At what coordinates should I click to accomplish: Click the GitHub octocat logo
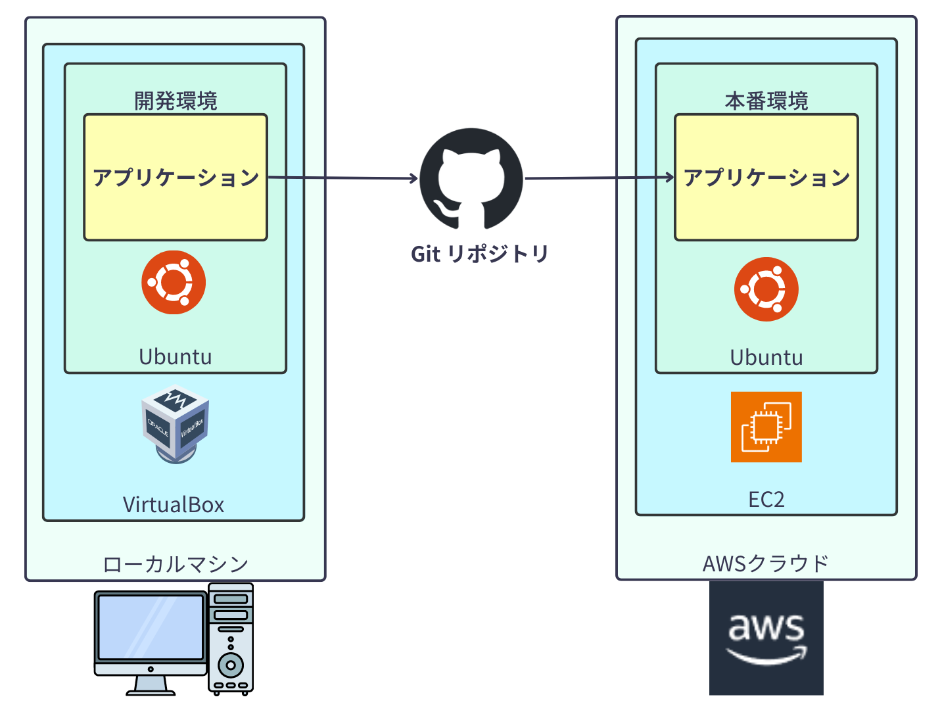pos(471,178)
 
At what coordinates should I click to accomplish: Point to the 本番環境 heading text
pos(766,101)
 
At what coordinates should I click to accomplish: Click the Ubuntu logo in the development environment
pos(174,282)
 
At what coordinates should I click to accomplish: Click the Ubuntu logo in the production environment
pos(766,289)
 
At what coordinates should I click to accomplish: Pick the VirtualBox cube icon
pos(175,424)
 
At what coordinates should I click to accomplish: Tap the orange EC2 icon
pos(766,427)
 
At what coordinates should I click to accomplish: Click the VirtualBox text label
pos(174,504)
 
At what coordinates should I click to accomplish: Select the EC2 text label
pos(766,499)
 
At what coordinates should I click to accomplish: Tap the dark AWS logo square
pos(766,638)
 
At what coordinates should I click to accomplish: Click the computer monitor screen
pos(151,627)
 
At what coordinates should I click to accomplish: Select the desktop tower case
pos(231,639)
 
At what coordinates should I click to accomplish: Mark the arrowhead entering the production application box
pos(670,177)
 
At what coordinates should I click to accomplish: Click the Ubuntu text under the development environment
pos(175,357)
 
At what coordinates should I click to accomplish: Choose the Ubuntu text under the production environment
pos(766,358)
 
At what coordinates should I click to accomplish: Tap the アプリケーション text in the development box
pos(176,178)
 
